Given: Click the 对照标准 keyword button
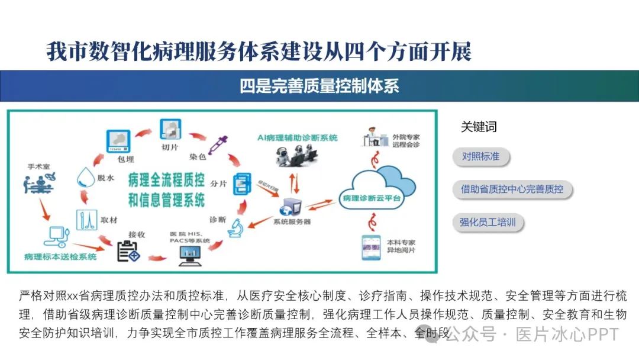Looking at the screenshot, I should pyautogui.click(x=480, y=157).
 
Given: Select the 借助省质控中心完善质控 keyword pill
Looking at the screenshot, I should pyautogui.click(x=512, y=189).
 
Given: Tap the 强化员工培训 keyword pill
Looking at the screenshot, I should pyautogui.click(x=488, y=223).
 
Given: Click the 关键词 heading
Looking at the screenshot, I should pyautogui.click(x=478, y=127).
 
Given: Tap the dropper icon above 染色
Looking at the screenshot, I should pyautogui.click(x=218, y=143).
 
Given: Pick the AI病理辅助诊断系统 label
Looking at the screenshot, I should pyautogui.click(x=298, y=137).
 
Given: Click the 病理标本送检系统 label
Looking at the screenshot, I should pyautogui.click(x=60, y=257).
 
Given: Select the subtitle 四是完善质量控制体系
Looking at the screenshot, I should pyautogui.click(x=319, y=86).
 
